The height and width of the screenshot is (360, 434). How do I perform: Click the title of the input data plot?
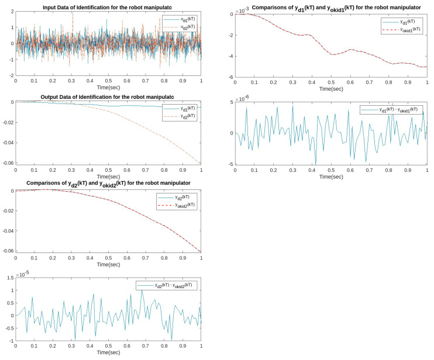pos(108,6)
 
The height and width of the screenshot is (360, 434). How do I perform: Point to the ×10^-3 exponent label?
pos(241,10)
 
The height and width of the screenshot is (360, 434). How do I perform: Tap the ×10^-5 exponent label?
pos(22,274)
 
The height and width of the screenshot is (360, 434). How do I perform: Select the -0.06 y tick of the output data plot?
pos(7,163)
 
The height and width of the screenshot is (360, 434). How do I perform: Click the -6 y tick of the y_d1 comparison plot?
pos(230,77)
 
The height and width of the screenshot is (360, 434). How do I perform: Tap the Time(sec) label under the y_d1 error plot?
pos(331,176)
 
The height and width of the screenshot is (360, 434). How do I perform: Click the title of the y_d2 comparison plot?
pos(108,184)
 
